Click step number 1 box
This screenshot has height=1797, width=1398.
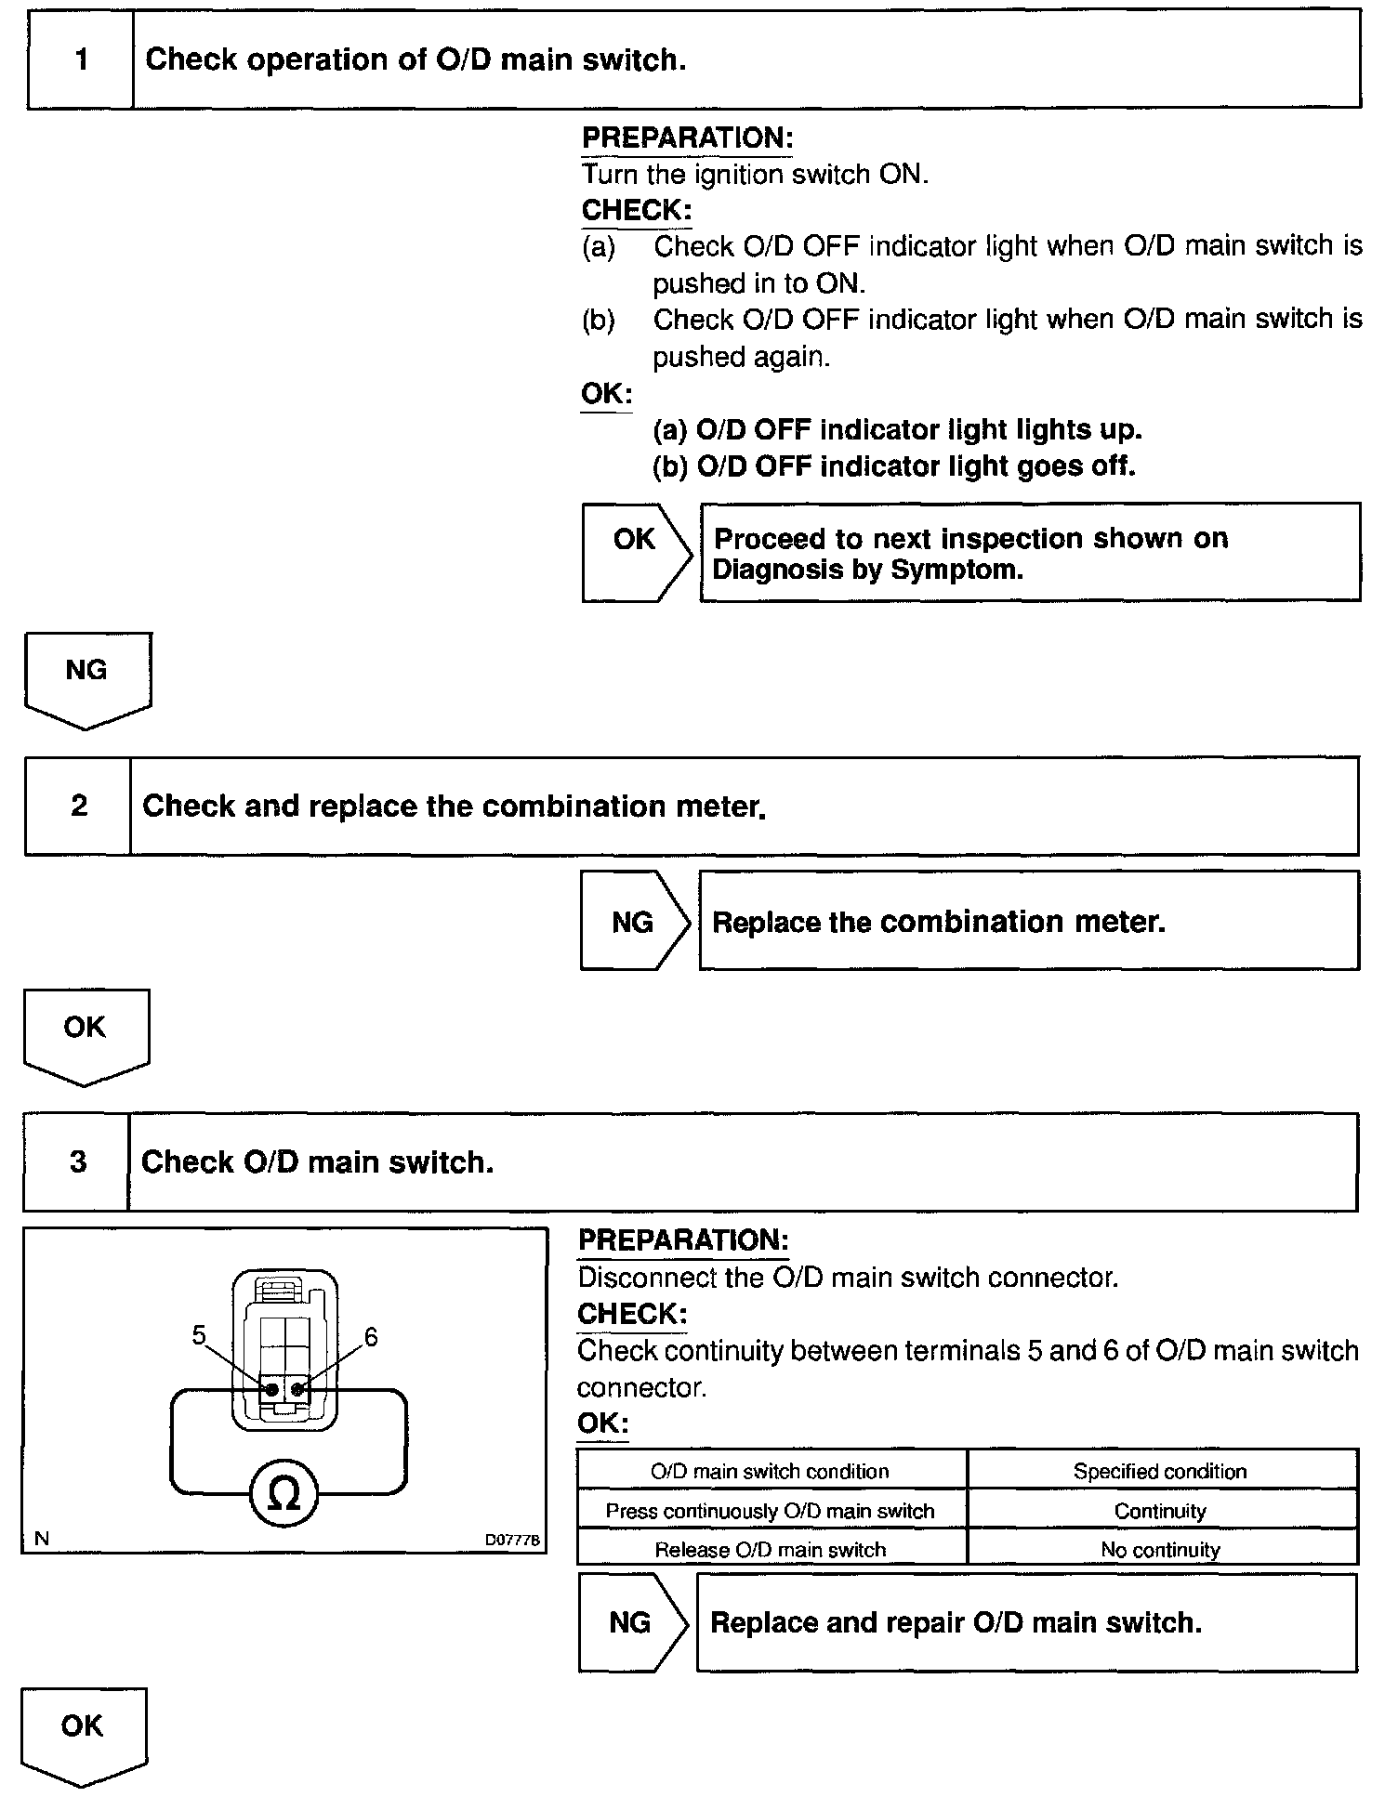(x=81, y=60)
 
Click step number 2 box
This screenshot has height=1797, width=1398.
(x=79, y=806)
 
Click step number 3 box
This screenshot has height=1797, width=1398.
(x=77, y=1161)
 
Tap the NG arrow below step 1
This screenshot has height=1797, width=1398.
(x=86, y=678)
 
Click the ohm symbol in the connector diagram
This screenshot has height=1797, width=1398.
(x=284, y=1494)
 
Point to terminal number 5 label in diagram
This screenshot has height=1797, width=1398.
(x=199, y=1335)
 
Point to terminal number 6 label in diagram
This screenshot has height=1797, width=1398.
(x=371, y=1337)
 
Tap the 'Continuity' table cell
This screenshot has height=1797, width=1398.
(x=1160, y=1511)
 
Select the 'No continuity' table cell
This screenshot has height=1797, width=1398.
(x=1160, y=1549)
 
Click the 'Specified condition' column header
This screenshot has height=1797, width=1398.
(x=1160, y=1471)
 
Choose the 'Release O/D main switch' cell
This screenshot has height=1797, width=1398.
(x=771, y=1549)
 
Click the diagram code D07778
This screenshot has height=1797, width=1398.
(x=511, y=1540)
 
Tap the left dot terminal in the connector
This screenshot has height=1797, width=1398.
(x=271, y=1390)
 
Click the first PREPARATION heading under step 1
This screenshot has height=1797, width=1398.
(x=687, y=138)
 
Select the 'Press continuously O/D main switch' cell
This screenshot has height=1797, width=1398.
(x=771, y=1511)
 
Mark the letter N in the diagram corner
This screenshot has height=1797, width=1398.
(x=42, y=1539)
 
